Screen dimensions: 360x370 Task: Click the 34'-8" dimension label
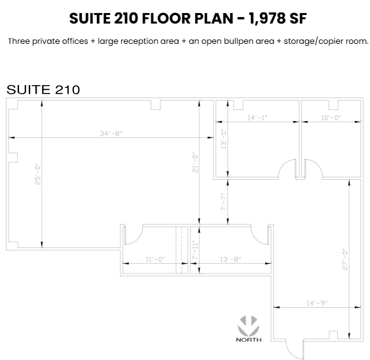(111, 134)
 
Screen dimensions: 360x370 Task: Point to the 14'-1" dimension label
(257, 118)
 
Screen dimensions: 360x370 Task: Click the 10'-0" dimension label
(331, 118)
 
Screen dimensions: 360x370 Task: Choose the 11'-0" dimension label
(155, 260)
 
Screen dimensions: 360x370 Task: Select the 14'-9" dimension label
(316, 302)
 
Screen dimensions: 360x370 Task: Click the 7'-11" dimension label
(194, 249)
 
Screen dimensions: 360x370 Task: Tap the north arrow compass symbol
(249, 325)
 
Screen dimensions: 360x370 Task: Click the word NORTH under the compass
(249, 340)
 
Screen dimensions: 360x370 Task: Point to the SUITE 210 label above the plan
(43, 90)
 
